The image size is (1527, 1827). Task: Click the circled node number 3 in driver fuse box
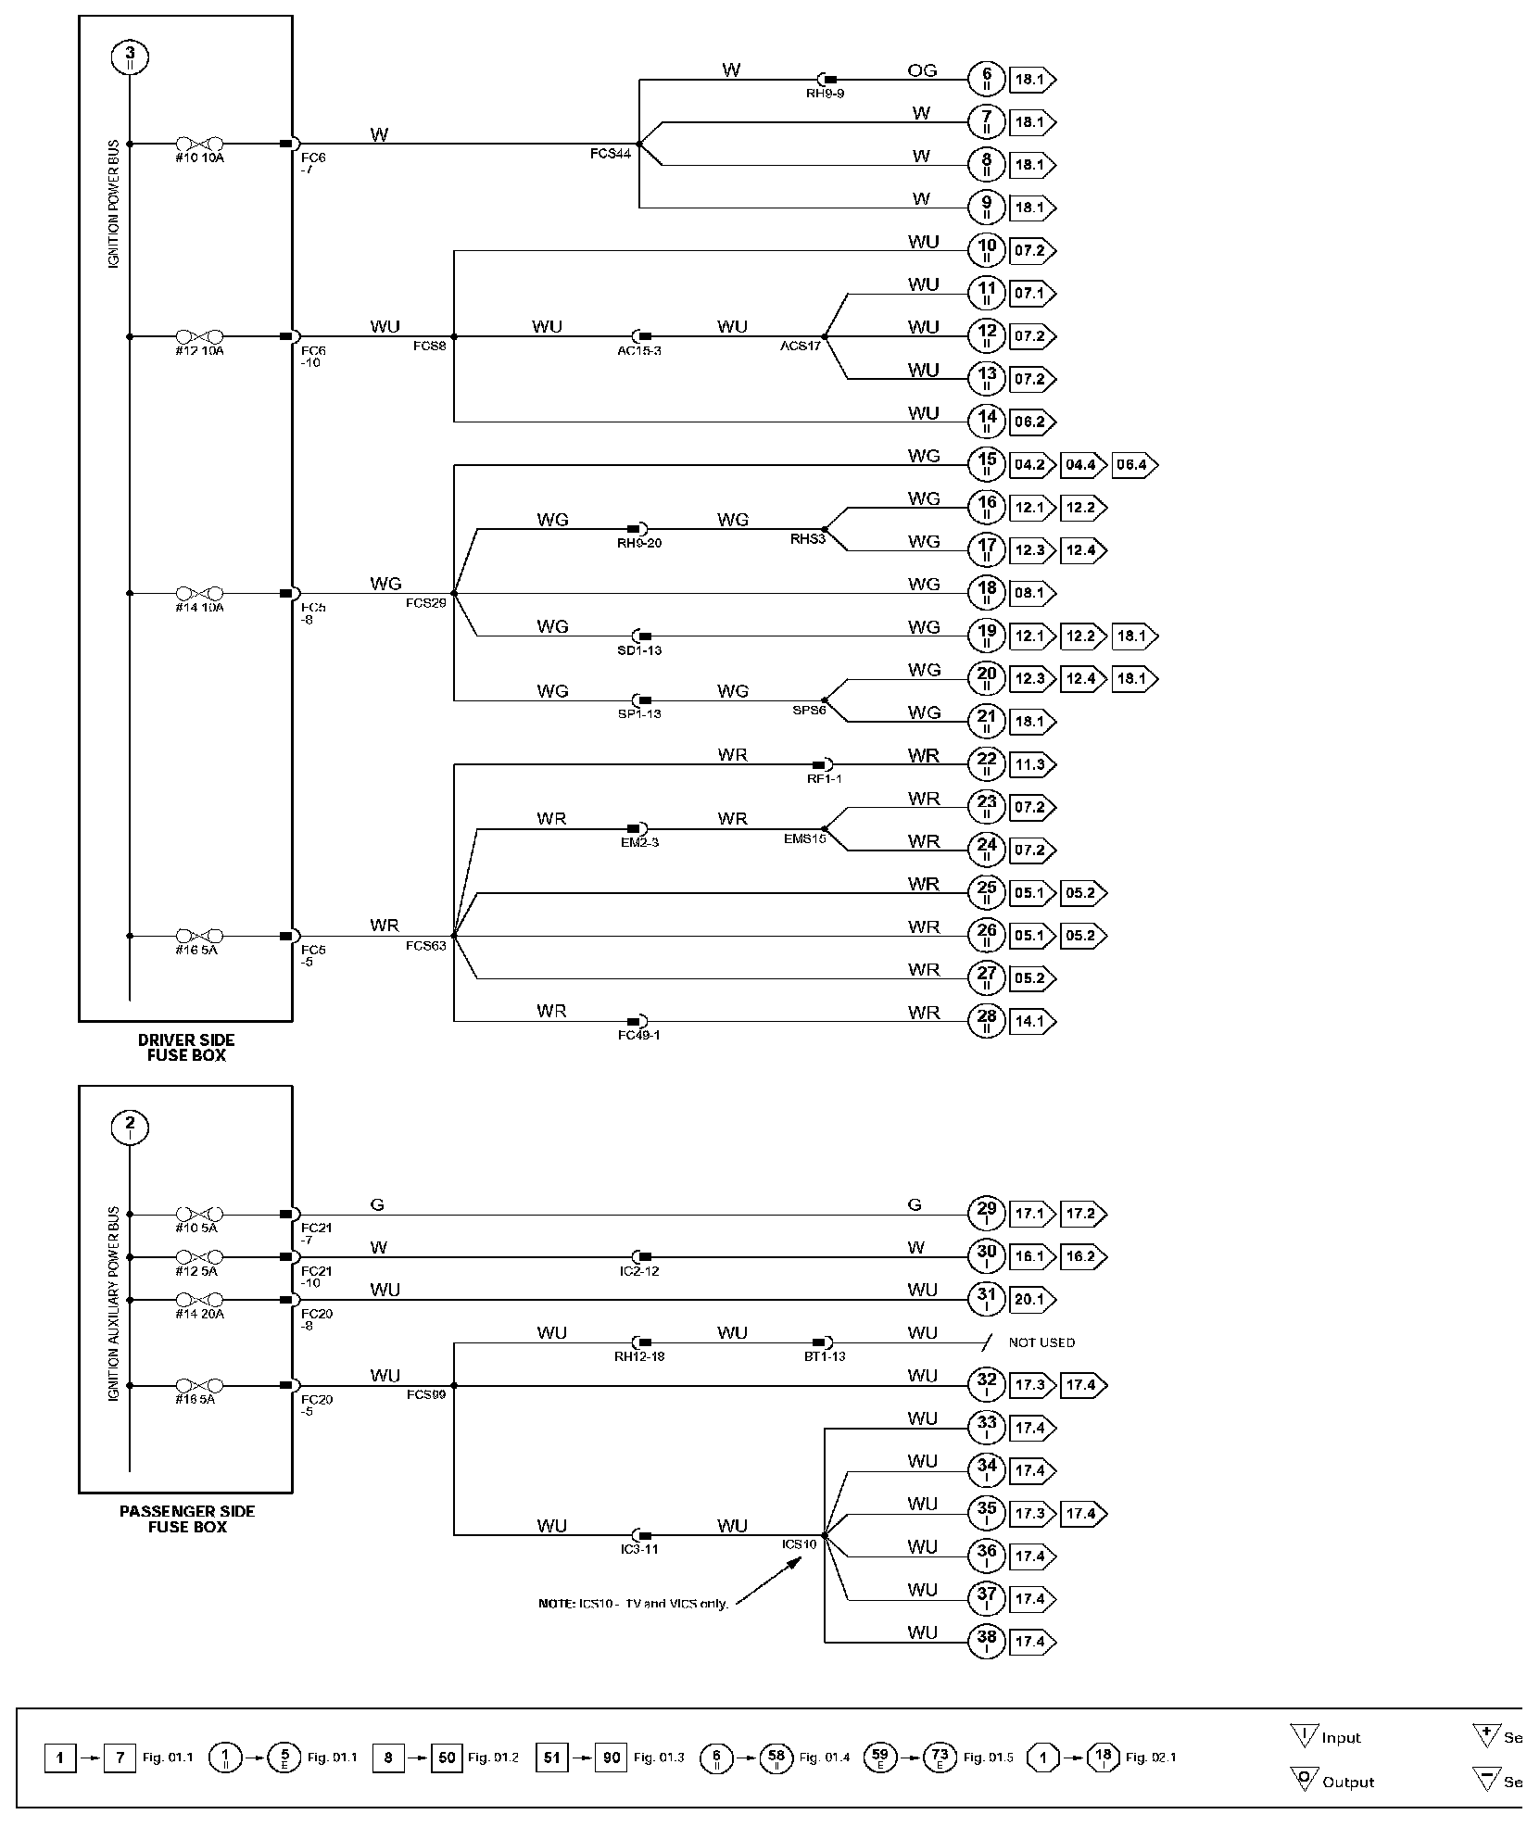pyautogui.click(x=130, y=57)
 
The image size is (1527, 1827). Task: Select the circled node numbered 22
pyautogui.click(x=986, y=764)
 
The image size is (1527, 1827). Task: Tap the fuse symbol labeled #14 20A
pyautogui.click(x=199, y=1300)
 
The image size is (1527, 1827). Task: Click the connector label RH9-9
pyautogui.click(x=824, y=94)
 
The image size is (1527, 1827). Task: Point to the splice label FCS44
pyautogui.click(x=610, y=153)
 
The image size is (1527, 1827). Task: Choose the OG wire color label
pyautogui.click(x=922, y=70)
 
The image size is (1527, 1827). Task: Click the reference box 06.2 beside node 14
pyautogui.click(x=1030, y=422)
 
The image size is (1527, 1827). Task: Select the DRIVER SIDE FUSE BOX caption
pyautogui.click(x=186, y=1047)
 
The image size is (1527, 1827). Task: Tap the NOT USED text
pyautogui.click(x=1041, y=1342)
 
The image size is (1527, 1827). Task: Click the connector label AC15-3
pyautogui.click(x=639, y=351)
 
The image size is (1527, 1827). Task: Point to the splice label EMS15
pyautogui.click(x=803, y=838)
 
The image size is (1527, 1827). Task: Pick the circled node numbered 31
pyautogui.click(x=986, y=1299)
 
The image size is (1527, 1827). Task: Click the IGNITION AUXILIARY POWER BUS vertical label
pyautogui.click(x=114, y=1304)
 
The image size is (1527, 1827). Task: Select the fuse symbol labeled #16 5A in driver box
pyautogui.click(x=199, y=936)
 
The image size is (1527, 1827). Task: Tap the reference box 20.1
pyautogui.click(x=1030, y=1299)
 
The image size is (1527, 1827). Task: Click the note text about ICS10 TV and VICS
pyautogui.click(x=633, y=1604)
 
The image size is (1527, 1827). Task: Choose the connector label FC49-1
pyautogui.click(x=638, y=1035)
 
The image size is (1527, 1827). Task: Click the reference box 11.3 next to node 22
pyautogui.click(x=1030, y=764)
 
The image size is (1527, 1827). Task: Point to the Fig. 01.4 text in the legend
pyautogui.click(x=824, y=1758)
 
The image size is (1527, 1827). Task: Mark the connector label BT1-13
pyautogui.click(x=824, y=1356)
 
